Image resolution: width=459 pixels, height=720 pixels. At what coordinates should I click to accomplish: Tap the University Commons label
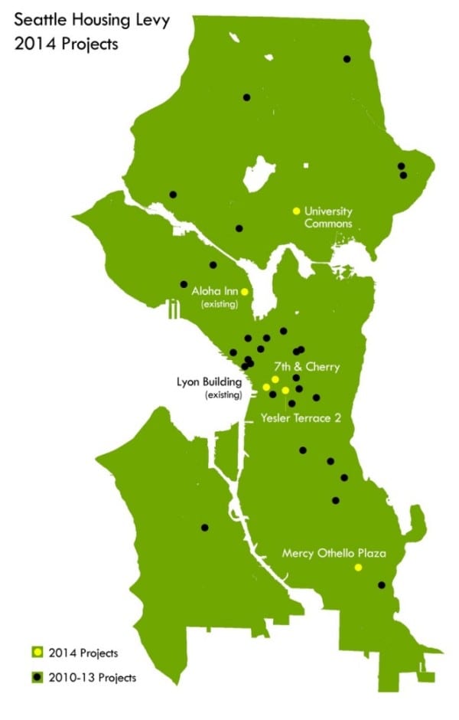[x=328, y=218]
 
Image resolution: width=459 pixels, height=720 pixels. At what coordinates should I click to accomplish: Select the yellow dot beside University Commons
[x=296, y=211]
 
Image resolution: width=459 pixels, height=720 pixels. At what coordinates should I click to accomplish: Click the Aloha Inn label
[x=215, y=291]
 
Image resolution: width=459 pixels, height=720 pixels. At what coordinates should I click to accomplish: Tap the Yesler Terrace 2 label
[x=304, y=417]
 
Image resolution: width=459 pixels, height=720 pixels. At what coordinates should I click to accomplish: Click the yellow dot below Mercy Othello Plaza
[x=357, y=568]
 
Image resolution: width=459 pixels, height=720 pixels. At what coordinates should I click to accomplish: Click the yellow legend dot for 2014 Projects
[x=35, y=653]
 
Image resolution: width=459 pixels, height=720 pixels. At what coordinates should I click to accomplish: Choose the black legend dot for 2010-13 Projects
[x=35, y=677]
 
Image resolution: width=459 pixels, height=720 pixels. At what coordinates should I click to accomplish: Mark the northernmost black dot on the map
[x=347, y=58]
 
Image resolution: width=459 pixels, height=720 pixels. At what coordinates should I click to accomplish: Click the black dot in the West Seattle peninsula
[x=204, y=527]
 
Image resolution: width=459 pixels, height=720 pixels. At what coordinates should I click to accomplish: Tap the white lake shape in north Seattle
[x=256, y=175]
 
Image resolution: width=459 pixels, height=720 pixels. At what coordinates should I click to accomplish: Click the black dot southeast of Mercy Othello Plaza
[x=381, y=585]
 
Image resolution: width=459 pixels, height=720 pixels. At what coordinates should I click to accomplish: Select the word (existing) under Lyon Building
[x=223, y=395]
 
